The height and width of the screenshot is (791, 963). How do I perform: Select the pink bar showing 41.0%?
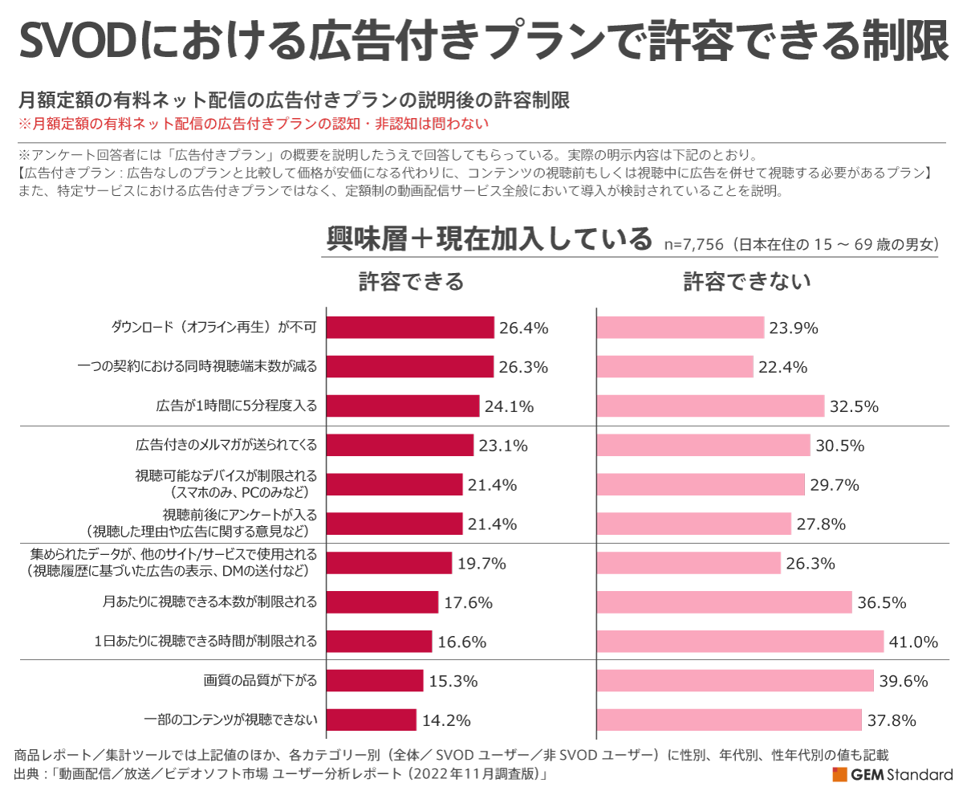click(x=740, y=641)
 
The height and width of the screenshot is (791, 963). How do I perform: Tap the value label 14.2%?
click(x=446, y=720)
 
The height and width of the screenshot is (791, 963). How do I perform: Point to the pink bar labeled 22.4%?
click(x=675, y=367)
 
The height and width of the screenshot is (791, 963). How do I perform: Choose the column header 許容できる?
click(x=411, y=282)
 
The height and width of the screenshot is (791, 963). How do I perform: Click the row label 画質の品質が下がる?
click(x=261, y=681)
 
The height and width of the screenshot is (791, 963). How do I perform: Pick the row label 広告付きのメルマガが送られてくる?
click(x=227, y=445)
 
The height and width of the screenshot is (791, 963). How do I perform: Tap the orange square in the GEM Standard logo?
click(x=839, y=775)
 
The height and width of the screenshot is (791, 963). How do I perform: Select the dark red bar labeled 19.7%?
click(x=388, y=563)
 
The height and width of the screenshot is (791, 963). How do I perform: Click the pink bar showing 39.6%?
click(x=735, y=681)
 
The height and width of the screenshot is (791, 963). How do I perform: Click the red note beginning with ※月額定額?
click(x=253, y=124)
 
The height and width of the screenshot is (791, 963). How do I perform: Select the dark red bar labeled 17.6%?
click(x=382, y=602)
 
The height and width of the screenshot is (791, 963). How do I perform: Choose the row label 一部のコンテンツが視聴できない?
click(x=231, y=720)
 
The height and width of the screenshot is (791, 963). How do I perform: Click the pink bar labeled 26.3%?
click(x=689, y=563)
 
